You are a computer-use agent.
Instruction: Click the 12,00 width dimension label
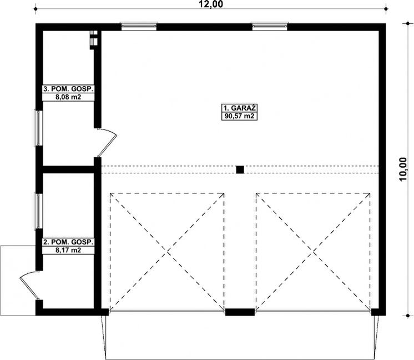210,5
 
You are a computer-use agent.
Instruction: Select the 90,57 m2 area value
240,117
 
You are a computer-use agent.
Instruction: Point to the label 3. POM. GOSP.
68,88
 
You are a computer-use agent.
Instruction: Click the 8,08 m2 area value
68,97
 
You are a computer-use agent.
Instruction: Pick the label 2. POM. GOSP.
68,242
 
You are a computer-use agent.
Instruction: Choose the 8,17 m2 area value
68,251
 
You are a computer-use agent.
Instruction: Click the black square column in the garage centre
240,170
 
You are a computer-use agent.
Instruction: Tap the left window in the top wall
139,26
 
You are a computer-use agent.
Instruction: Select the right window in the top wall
270,26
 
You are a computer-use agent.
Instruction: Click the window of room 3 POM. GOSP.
38,128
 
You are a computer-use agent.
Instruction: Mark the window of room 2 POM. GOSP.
38,211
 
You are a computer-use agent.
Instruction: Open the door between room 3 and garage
107,142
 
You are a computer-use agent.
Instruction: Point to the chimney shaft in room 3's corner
94,40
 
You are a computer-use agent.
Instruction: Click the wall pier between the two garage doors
240,312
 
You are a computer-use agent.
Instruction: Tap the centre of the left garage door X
168,252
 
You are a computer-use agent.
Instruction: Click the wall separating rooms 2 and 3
68,169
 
